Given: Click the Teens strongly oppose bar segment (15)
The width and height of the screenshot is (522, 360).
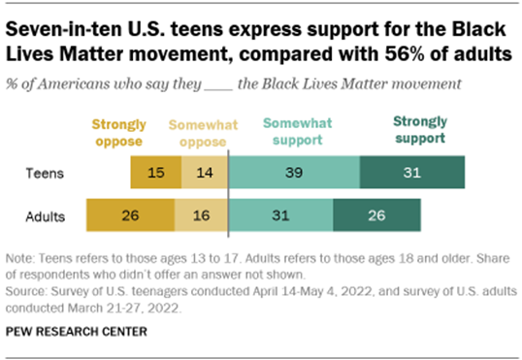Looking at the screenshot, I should pos(154,173).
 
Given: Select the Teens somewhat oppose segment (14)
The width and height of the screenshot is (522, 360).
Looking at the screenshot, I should pos(203,173).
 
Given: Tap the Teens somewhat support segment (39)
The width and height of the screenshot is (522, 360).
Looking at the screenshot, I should pos(293,173).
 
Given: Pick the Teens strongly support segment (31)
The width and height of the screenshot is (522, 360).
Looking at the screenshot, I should pos(411,173).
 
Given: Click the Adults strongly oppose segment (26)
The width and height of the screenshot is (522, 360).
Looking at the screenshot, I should pos(129,215).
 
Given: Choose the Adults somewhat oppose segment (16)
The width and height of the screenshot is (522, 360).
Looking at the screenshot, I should pos(201,215).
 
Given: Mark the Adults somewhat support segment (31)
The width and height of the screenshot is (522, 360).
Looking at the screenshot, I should pos(280,215).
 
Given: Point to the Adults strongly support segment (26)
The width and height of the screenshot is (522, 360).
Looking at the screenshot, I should pos(376,215).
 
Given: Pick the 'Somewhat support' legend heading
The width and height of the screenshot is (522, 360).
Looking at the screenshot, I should pos(294,132).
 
